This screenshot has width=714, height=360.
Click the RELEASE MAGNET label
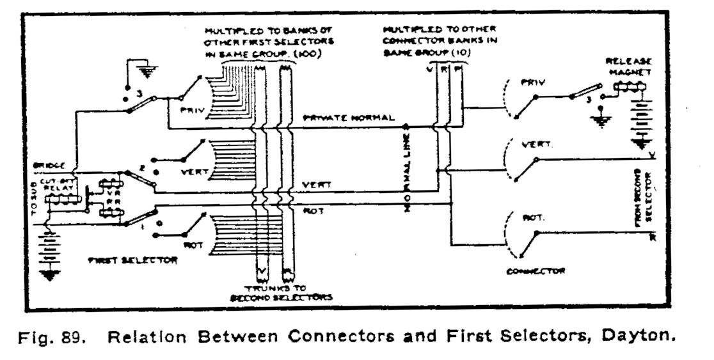629,67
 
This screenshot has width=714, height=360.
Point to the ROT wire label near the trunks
309,209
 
